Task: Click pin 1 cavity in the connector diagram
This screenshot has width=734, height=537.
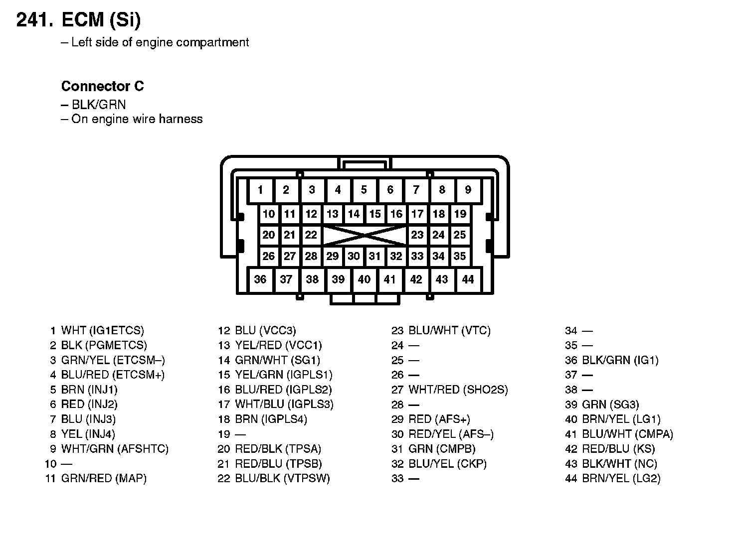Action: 260,190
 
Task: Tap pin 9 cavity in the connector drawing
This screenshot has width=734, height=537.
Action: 468,190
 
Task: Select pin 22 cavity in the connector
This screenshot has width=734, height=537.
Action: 311,235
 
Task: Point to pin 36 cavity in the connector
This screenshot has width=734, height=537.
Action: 260,279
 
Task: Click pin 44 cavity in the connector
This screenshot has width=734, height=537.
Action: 468,279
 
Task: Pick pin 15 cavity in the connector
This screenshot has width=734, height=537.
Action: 375,214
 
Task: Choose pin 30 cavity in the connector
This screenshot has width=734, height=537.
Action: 354,257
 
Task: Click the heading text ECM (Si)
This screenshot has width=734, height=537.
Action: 101,20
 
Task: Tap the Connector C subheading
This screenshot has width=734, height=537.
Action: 102,86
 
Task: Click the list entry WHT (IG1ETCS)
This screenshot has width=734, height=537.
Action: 102,330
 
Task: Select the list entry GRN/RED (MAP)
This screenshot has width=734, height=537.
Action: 104,479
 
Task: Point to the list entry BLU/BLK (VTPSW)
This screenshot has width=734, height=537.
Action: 282,479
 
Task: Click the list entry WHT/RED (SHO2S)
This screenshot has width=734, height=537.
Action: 458,390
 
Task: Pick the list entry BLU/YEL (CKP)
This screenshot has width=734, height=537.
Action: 447,464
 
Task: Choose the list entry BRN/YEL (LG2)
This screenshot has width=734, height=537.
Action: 621,479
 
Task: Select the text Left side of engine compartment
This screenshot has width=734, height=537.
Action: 160,42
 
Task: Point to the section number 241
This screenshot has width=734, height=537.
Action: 34,20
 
